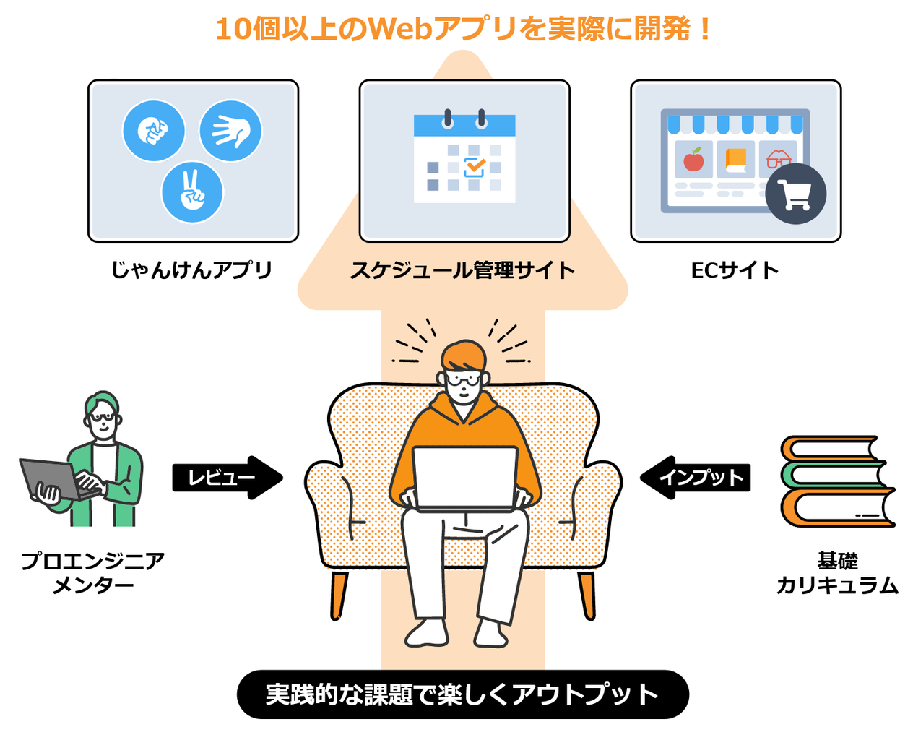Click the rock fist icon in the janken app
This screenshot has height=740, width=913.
click(x=152, y=130)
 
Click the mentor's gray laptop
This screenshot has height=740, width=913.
click(x=53, y=478)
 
